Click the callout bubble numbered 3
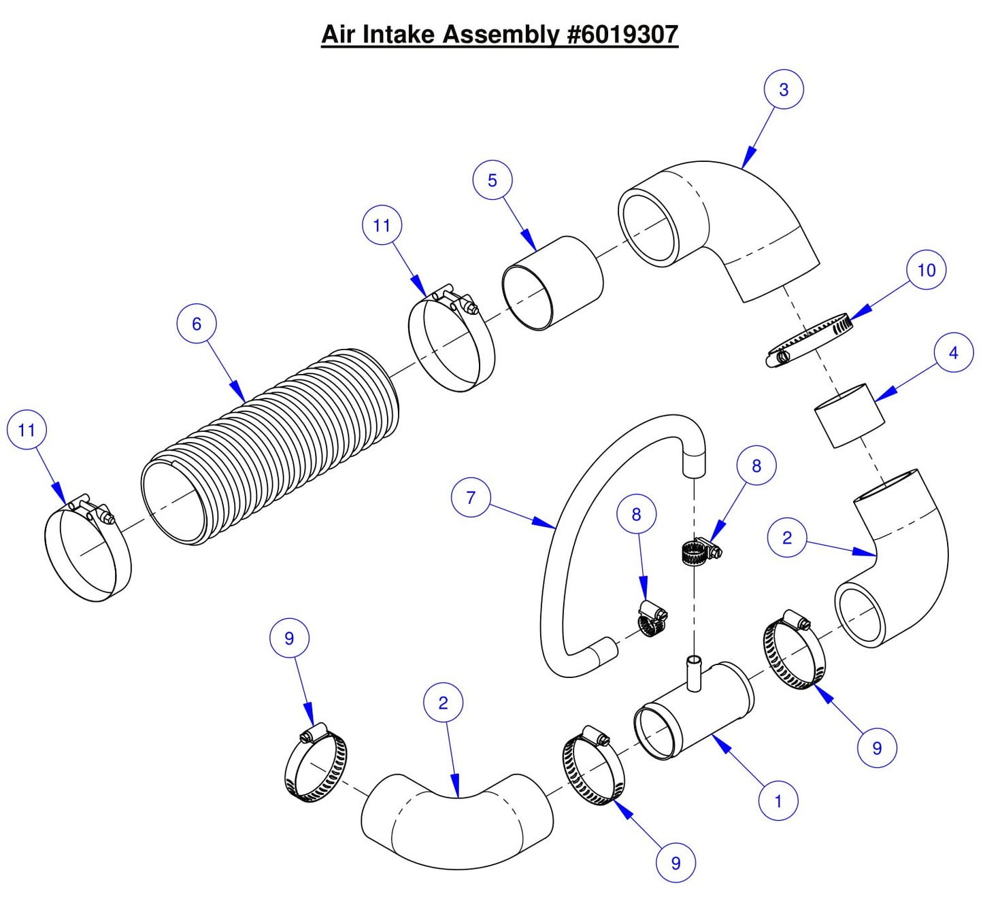[x=784, y=89]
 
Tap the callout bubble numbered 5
[x=493, y=180]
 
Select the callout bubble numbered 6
[x=197, y=324]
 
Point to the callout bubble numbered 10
[x=927, y=270]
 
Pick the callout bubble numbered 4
[x=953, y=352]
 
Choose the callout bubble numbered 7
[x=471, y=497]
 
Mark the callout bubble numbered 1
[x=778, y=801]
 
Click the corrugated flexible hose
[x=272, y=449]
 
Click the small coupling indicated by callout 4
[x=850, y=415]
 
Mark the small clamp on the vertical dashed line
[x=698, y=550]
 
